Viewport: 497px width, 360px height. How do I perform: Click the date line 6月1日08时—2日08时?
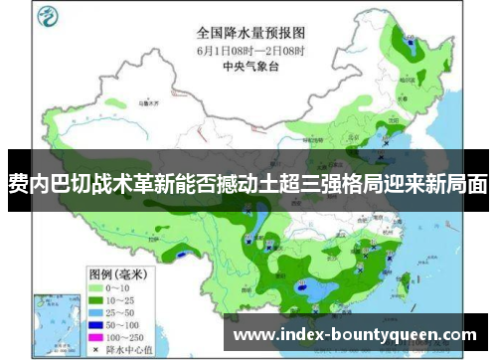click(x=251, y=50)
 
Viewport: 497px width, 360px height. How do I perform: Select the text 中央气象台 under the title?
click(x=250, y=68)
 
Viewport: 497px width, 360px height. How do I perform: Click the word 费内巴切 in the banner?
click(x=45, y=183)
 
